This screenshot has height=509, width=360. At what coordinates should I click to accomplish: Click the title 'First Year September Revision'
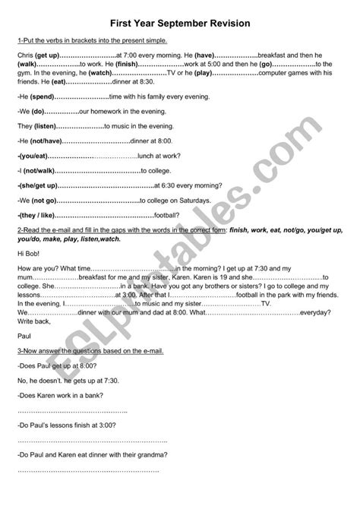180,24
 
